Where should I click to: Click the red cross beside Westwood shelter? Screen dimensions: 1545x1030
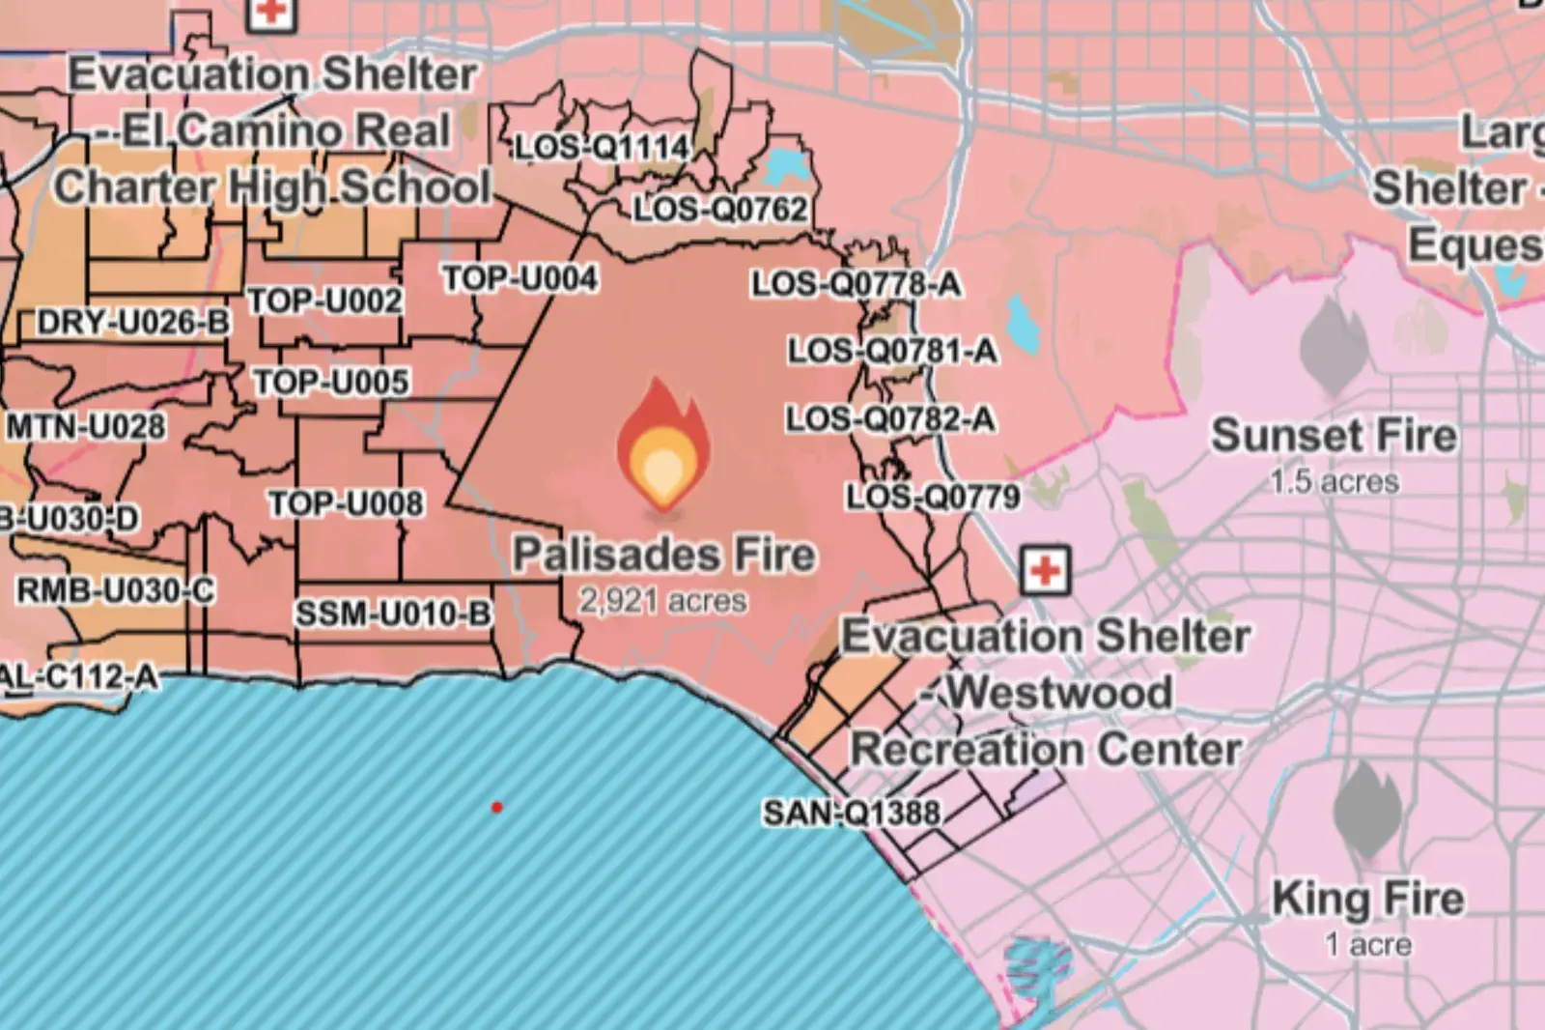pyautogui.click(x=1045, y=570)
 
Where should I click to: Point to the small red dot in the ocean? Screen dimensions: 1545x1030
pyautogui.click(x=496, y=807)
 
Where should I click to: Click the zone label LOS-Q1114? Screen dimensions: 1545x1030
pyautogui.click(x=602, y=148)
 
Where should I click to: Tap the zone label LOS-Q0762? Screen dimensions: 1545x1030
pyautogui.click(x=719, y=209)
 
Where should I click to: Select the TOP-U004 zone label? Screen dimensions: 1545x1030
pyautogui.click(x=520, y=278)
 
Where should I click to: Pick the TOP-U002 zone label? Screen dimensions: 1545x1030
pyautogui.click(x=324, y=300)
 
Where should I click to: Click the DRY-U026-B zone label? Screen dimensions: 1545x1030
pyautogui.click(x=133, y=322)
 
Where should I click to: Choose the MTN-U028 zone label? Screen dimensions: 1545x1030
pyautogui.click(x=86, y=426)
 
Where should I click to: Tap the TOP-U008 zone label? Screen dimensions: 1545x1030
pyautogui.click(x=345, y=503)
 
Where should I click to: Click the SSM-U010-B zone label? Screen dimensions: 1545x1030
pyautogui.click(x=393, y=613)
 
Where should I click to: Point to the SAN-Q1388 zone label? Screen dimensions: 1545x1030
pyautogui.click(x=852, y=813)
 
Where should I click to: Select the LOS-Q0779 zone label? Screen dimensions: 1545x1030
pyautogui.click(x=933, y=497)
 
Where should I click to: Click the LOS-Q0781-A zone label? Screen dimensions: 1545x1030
pyautogui.click(x=892, y=350)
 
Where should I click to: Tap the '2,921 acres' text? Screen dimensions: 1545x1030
pyautogui.click(x=662, y=601)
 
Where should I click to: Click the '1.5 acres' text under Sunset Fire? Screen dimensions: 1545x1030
pyautogui.click(x=1334, y=481)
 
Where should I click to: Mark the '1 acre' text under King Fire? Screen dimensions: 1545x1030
pyautogui.click(x=1368, y=944)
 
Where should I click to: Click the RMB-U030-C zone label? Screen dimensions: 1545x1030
pyautogui.click(x=116, y=590)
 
